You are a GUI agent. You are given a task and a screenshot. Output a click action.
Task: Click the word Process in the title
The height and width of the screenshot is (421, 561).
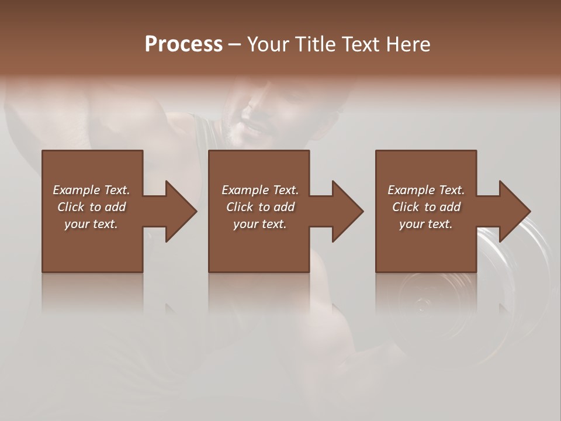(183, 44)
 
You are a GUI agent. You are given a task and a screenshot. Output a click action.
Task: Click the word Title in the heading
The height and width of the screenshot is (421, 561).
(314, 44)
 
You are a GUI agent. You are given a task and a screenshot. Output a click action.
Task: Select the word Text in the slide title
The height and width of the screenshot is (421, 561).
(361, 44)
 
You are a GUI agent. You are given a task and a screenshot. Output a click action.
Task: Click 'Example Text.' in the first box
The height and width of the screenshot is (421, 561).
(91, 190)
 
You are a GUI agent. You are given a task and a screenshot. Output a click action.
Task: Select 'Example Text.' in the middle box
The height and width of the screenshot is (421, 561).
(259, 190)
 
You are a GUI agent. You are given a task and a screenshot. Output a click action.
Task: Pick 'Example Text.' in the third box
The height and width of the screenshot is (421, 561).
(426, 190)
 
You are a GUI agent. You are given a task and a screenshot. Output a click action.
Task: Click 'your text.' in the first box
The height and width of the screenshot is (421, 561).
(91, 224)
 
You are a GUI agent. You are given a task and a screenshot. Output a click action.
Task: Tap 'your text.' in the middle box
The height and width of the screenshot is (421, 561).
(259, 224)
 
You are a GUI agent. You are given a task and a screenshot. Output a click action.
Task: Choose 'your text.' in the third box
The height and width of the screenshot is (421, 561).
(426, 224)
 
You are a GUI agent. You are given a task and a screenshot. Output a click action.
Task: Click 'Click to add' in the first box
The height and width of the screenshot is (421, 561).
(91, 207)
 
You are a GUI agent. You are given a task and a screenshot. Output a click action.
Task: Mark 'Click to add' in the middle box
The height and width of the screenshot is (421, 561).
(259, 207)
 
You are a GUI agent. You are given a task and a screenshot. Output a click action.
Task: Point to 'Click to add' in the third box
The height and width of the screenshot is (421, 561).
(426, 207)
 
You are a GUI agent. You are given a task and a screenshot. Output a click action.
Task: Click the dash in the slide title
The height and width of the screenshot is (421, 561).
(234, 44)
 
